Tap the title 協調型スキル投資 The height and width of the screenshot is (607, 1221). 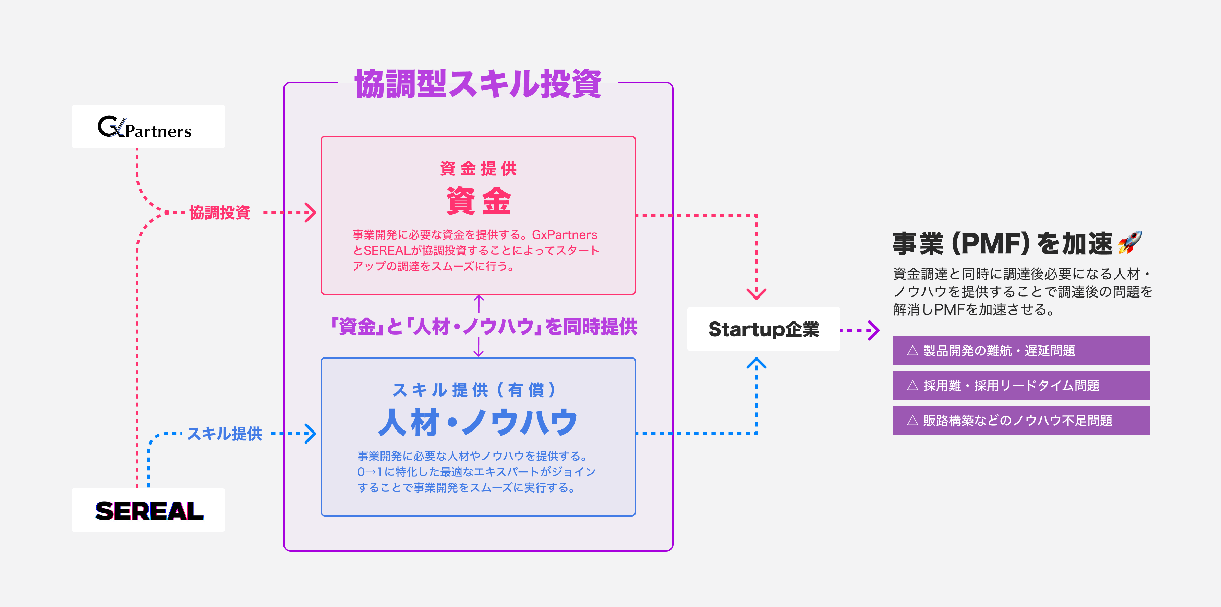click(478, 84)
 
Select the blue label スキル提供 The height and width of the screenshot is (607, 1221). click(224, 434)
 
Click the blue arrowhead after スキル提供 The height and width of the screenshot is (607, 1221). click(311, 434)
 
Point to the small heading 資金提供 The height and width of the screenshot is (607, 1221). click(478, 168)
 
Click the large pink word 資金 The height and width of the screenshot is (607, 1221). click(478, 201)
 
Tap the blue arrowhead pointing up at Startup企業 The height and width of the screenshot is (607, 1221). click(757, 363)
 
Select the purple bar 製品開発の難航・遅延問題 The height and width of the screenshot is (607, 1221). click(1021, 351)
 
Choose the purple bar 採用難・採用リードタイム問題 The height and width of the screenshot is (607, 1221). click(1021, 386)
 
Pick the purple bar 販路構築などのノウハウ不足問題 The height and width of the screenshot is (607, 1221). click(1021, 420)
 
